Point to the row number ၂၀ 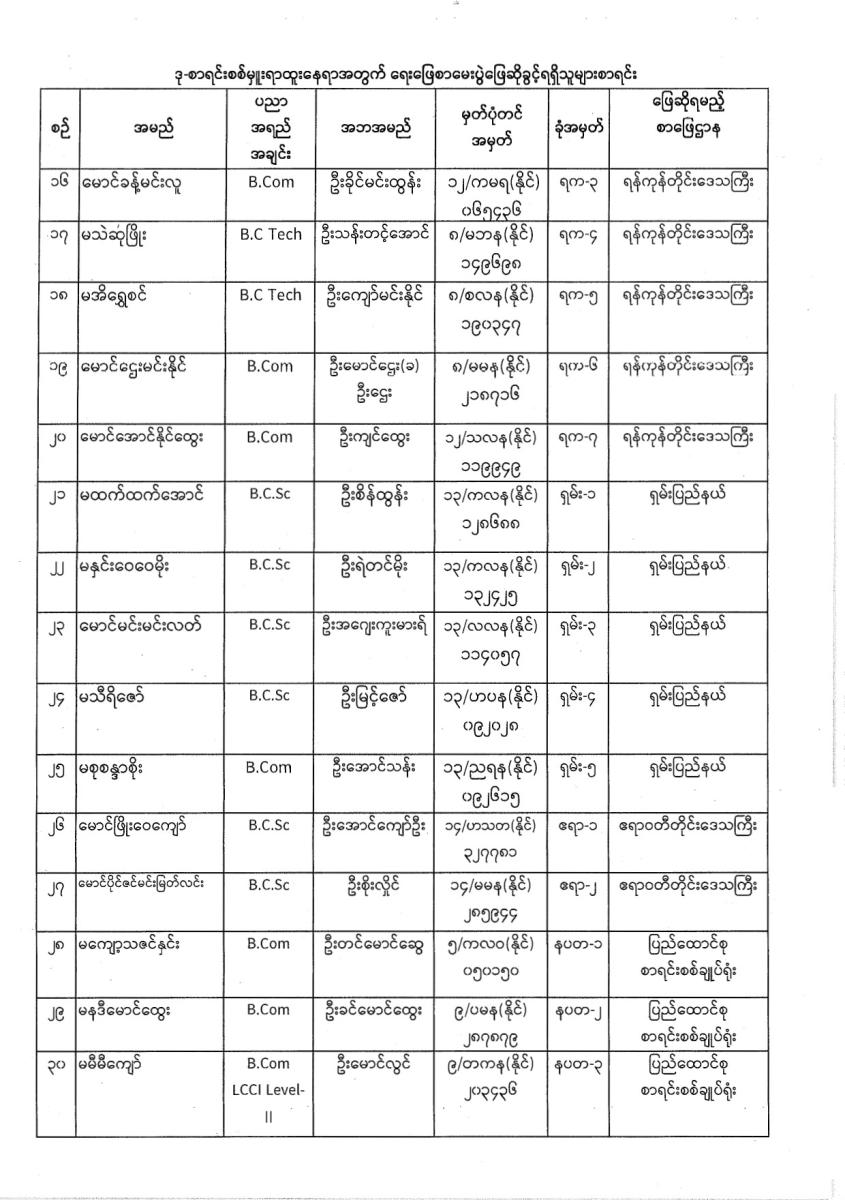point(58,437)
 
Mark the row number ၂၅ point(58,768)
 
